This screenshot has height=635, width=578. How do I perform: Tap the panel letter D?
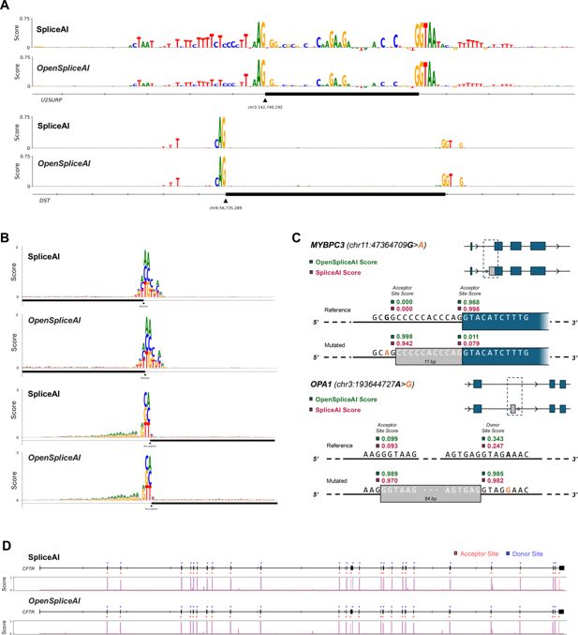tap(7, 546)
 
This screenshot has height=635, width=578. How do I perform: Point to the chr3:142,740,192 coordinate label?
tap(265, 107)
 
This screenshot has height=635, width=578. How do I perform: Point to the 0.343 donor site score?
tap(489, 438)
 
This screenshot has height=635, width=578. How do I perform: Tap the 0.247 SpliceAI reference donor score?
tap(489, 446)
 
